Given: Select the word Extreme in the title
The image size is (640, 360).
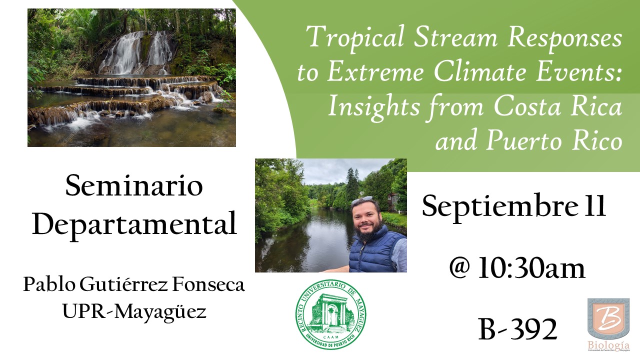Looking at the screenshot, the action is pos(375,71).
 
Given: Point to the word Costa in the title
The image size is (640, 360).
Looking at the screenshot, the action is pos(527,106).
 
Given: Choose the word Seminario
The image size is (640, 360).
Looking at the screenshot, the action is pos(134,186).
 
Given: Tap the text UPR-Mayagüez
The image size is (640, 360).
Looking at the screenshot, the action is pos(134,311).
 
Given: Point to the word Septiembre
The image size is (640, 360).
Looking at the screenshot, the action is pos(499,207).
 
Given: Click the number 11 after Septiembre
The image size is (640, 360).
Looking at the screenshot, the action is pos(594,205).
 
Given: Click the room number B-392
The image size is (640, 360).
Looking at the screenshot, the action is pos(517,329).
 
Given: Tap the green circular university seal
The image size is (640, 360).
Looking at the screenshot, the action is pos(331,314).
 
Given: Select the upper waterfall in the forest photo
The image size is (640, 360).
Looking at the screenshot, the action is pos(135,52).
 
